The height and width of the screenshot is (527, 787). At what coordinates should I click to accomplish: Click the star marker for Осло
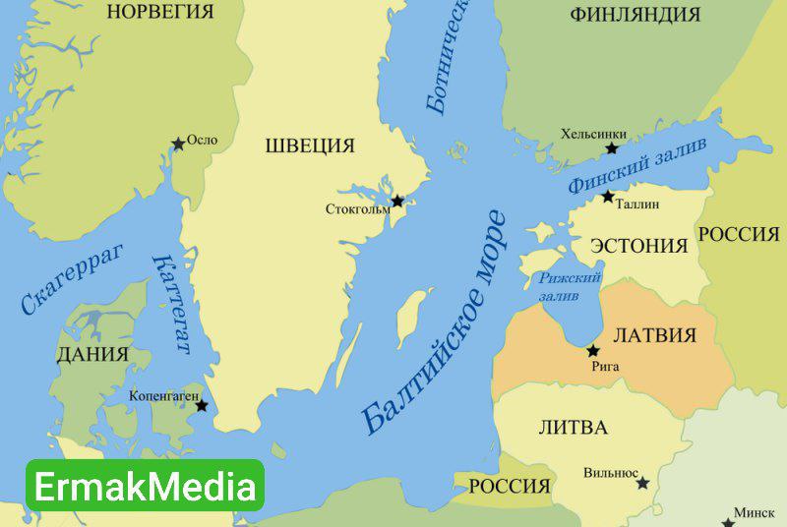(178, 144)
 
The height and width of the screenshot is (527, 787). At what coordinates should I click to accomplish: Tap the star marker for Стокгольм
(397, 201)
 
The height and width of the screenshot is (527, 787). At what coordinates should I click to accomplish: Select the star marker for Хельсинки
(612, 148)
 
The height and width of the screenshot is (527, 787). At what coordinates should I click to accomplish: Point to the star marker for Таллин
(609, 197)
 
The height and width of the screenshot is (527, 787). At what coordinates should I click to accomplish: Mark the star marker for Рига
(593, 350)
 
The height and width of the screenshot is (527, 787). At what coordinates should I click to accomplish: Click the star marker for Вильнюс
(642, 483)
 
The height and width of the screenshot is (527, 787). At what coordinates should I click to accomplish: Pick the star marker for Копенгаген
(202, 405)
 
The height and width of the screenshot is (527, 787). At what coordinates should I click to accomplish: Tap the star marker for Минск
(728, 520)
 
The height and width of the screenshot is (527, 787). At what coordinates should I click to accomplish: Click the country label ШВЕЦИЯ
(310, 146)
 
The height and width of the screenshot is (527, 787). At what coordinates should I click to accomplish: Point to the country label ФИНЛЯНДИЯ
(636, 15)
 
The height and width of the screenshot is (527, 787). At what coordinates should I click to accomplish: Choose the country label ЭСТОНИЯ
(639, 246)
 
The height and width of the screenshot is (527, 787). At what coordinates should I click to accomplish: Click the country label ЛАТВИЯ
(654, 335)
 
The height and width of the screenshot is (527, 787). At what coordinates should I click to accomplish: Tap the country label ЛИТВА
(574, 427)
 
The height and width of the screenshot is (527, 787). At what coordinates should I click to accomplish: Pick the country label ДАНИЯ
(92, 354)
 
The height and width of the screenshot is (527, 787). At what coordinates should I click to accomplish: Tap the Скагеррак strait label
(73, 280)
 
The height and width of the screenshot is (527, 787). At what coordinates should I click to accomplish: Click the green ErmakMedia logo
(145, 486)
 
